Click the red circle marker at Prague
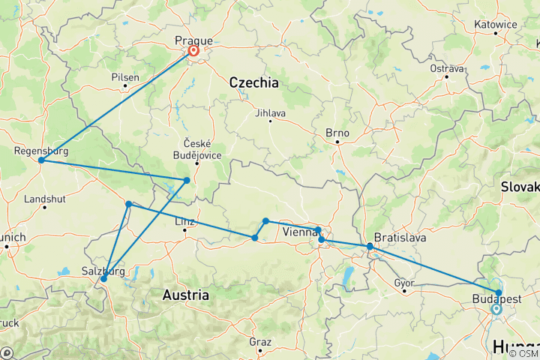point(193,51)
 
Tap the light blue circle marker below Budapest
point(496,308)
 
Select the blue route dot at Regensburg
point(41,160)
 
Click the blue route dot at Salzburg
point(103,279)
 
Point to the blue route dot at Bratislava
point(370,246)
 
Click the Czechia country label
point(253,82)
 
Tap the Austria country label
point(186,295)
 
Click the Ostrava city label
point(447,68)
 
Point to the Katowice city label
point(496,24)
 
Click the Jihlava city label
point(270,113)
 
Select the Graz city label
point(260,341)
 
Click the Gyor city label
point(404,283)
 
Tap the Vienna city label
point(298,233)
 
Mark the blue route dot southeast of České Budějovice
point(187,180)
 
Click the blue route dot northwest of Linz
point(129,204)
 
